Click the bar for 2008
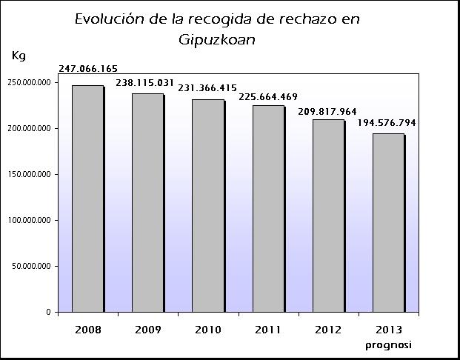tap(87, 199)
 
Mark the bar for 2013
tap(388, 222)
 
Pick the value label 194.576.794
tap(385, 122)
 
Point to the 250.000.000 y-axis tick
tap(28, 82)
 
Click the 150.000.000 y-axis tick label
tap(28, 174)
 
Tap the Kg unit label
tap(19, 56)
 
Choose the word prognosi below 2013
tap(388, 344)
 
